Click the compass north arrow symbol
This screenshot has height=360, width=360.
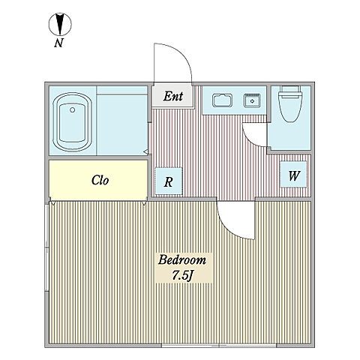pos(60,24)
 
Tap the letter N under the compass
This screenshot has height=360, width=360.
pos(58,43)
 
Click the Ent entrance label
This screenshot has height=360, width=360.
pos(173,96)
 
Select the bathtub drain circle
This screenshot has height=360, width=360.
pos(73,109)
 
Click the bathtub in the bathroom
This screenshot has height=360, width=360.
pos(73,122)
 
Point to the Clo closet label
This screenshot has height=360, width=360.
pos(100,180)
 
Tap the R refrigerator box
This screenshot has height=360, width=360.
pos(169,181)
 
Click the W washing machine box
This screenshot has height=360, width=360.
pos(293,174)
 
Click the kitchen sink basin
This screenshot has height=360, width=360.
pos(221,100)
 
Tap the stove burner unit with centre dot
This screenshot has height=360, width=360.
pos(253,100)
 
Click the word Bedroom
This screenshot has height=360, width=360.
pos(182,260)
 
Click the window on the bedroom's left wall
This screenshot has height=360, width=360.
pos(46,247)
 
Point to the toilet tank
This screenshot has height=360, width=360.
pos(290,88)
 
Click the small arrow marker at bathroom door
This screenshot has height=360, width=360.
pos(146,151)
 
